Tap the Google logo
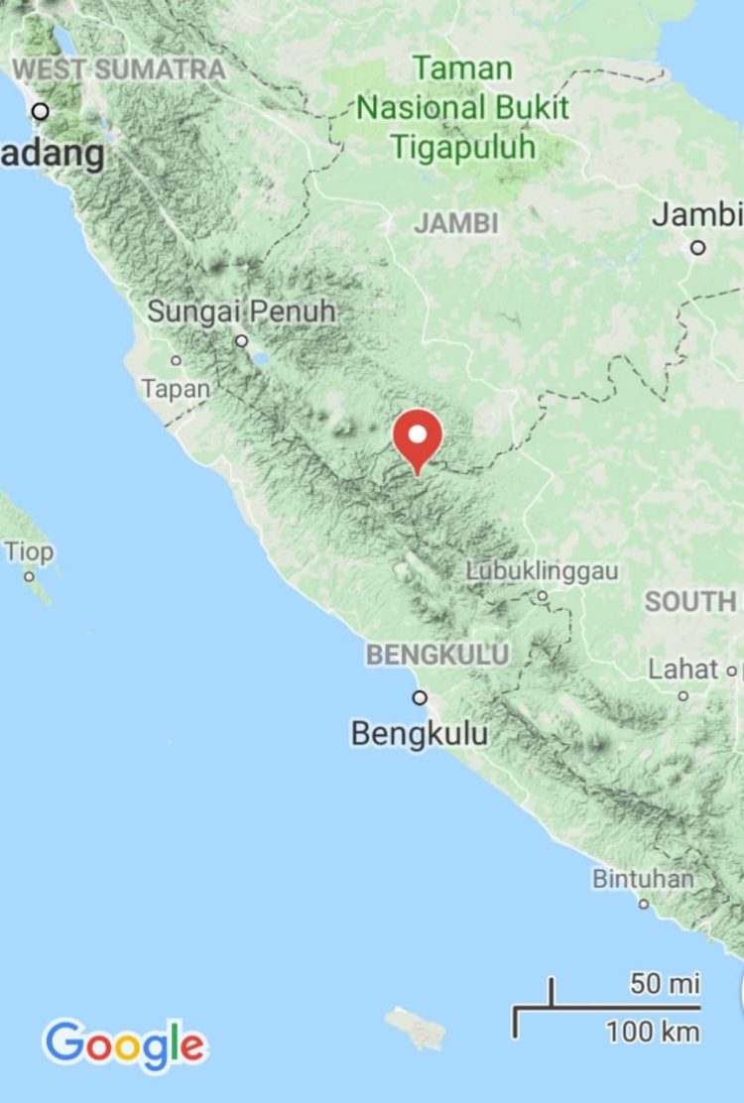tap(125, 1044)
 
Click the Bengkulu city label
tap(420, 734)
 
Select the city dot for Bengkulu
tap(420, 697)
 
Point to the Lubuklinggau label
tap(542, 571)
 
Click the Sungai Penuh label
tap(241, 311)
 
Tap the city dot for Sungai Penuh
tap(242, 340)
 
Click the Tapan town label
tap(176, 389)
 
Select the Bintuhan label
tap(644, 879)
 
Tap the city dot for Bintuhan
tap(644, 903)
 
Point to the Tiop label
tap(30, 551)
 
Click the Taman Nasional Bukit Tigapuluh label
tap(462, 108)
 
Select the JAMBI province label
tap(456, 223)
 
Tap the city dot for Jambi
tap(698, 247)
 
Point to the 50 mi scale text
tap(665, 984)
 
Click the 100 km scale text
tap(653, 1032)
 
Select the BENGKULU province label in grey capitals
tap(437, 655)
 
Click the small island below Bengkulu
tap(416, 1028)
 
